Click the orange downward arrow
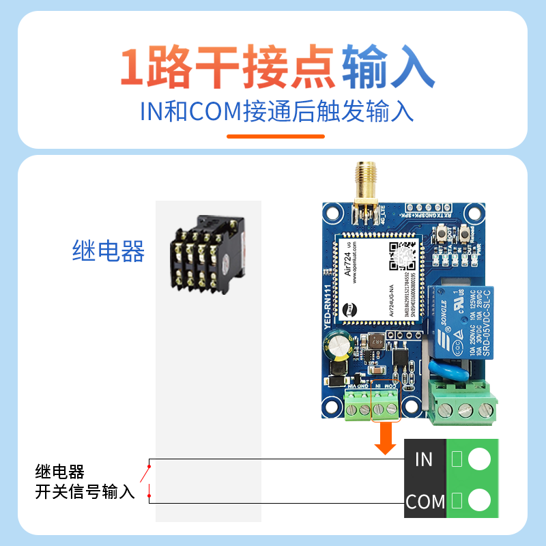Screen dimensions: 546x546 [x=386, y=440]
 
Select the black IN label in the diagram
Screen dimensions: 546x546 [x=424, y=459]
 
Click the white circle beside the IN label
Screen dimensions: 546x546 [x=480, y=459]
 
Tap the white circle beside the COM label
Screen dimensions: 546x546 [x=480, y=502]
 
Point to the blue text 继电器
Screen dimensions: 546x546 [x=109, y=251]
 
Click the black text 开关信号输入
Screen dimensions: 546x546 [x=85, y=491]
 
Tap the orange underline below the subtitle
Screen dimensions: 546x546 [x=275, y=136]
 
